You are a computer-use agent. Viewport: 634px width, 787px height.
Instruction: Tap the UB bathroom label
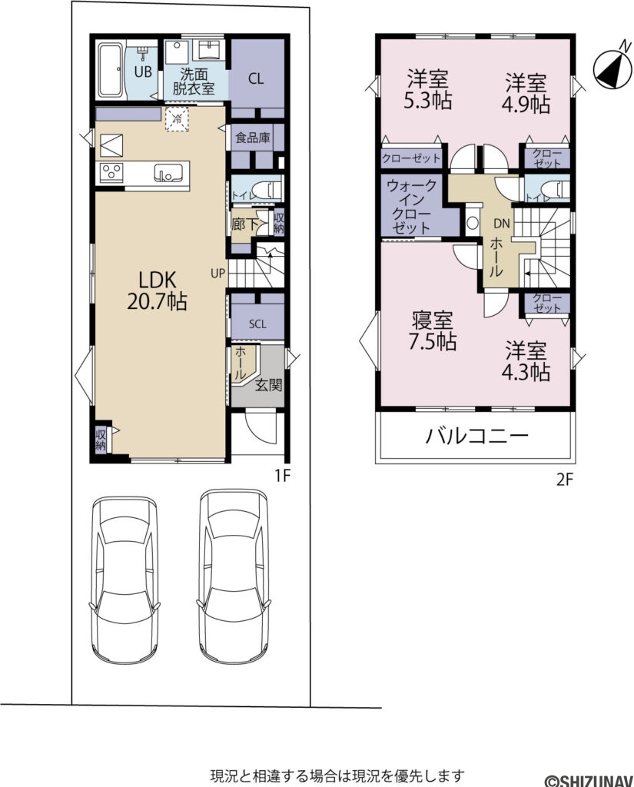(143, 72)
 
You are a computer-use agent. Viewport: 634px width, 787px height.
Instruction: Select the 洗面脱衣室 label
(194, 81)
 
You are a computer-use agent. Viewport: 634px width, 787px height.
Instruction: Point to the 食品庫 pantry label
(253, 138)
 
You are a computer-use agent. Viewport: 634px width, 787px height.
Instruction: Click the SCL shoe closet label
(257, 324)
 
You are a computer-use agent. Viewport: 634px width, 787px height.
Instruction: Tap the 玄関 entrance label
(269, 384)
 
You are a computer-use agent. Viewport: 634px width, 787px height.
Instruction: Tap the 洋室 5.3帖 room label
(428, 89)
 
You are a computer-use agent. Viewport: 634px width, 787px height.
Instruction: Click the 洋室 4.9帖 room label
(526, 92)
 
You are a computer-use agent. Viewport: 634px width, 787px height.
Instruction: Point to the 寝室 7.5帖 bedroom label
(433, 330)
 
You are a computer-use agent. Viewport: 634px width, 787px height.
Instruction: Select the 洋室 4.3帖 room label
(526, 361)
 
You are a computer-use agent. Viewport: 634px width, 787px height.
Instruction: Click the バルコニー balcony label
(477, 437)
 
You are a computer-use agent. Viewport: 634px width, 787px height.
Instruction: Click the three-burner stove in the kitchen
(110, 171)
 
